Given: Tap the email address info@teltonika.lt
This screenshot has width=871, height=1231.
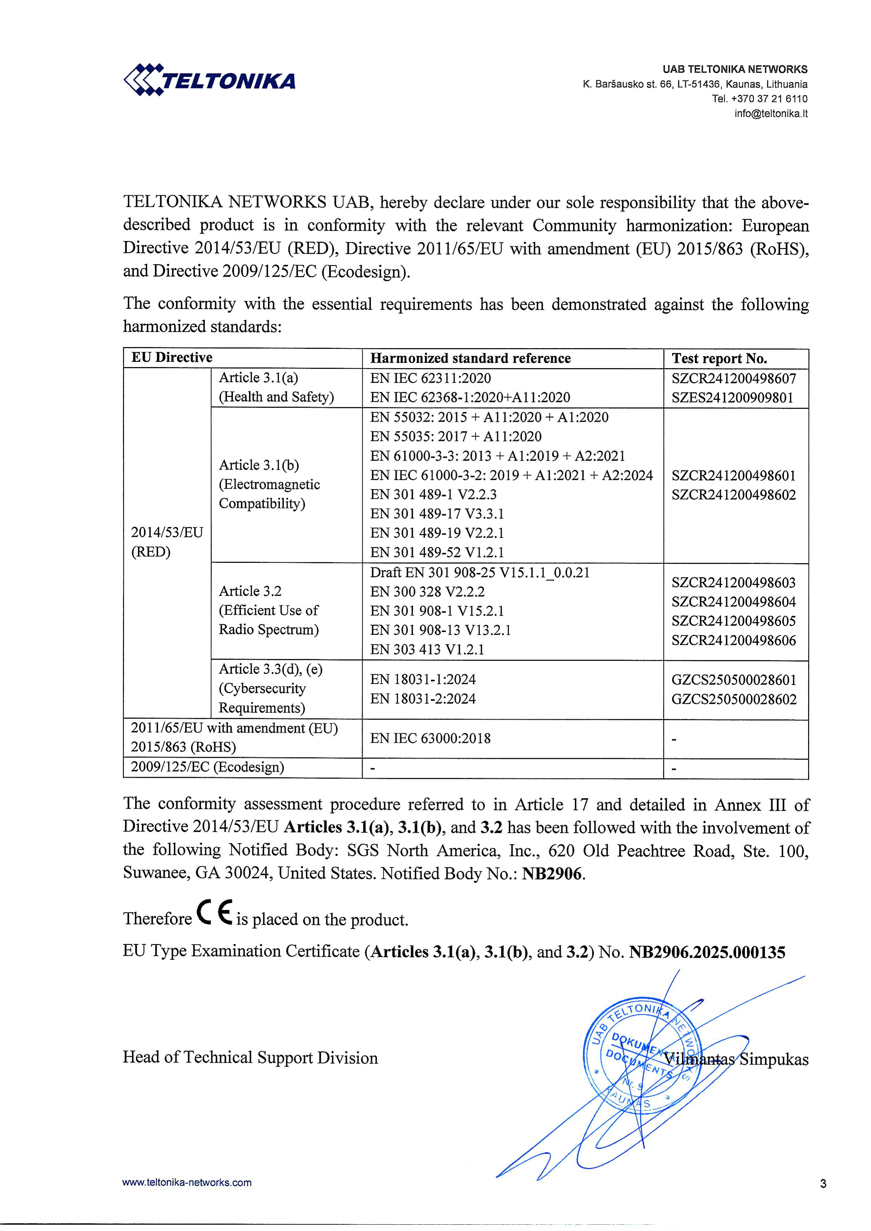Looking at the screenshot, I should coord(771,114).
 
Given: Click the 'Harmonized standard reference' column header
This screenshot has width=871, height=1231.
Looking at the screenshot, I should coord(470,358).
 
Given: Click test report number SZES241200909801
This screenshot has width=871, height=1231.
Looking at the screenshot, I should coord(732,398).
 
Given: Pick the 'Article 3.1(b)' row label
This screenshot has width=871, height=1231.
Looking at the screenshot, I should coord(259,465).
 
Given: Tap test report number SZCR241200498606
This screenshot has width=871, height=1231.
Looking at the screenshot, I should coord(734,640).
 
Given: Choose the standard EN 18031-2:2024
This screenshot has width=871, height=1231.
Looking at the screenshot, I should coord(423,699).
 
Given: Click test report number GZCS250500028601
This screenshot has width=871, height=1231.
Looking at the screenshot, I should coord(734,680).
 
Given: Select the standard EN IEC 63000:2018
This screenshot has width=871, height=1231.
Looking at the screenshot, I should coord(430,738).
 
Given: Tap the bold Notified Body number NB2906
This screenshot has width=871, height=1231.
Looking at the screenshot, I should coord(552,873).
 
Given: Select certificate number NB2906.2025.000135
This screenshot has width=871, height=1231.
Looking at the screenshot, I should coord(707,952).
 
